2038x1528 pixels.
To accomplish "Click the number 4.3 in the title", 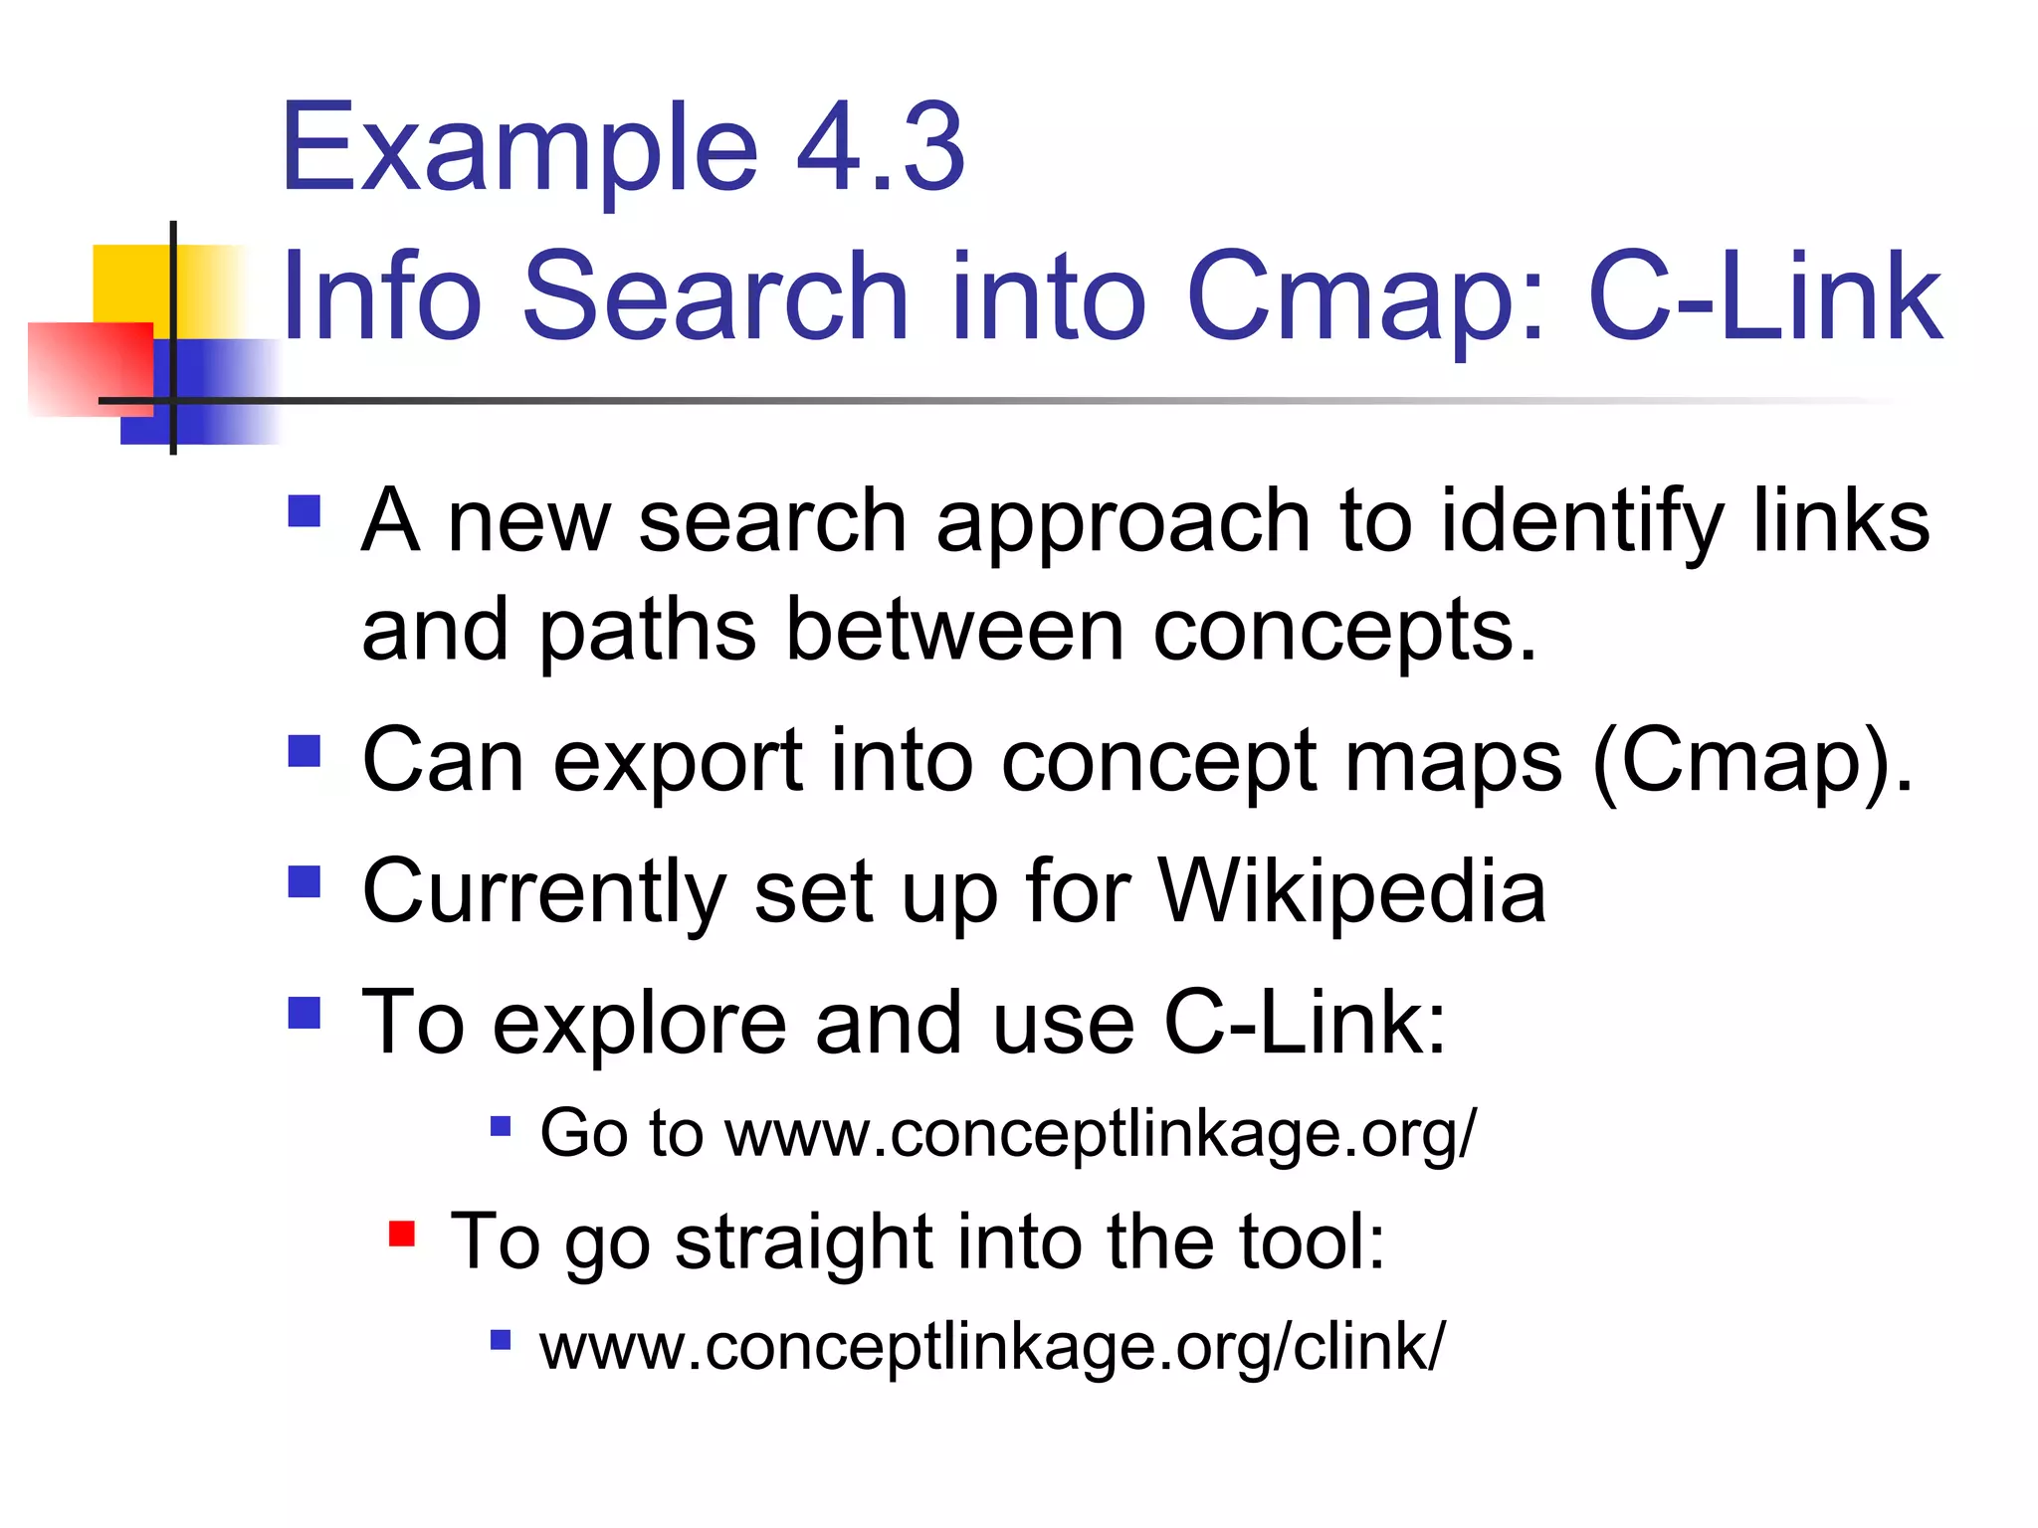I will click(x=882, y=149).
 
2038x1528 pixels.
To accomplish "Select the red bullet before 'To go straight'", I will click(x=402, y=1235).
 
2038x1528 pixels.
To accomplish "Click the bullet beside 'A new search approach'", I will click(x=305, y=511).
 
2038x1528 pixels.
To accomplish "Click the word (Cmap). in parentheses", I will click(x=1751, y=762).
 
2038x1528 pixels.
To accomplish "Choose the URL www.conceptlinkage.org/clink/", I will click(x=991, y=1347).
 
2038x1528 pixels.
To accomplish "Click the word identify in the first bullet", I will click(x=1582, y=521).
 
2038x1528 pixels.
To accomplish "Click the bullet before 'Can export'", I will click(x=305, y=752).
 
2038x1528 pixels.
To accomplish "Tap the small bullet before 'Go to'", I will click(x=501, y=1127).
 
